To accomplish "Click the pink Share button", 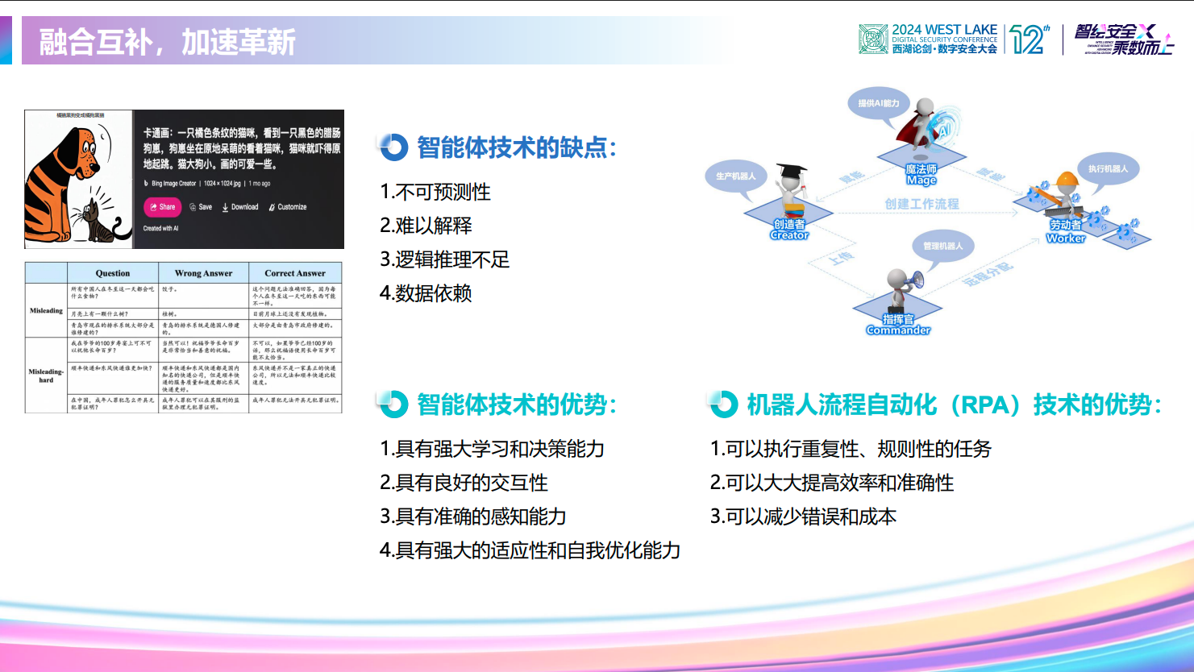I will pos(162,207).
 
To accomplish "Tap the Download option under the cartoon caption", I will pos(240,207).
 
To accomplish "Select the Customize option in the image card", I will pos(288,207).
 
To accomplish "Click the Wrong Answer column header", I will pos(203,273).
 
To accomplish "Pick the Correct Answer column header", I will pos(295,273).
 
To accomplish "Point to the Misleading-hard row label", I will pos(46,375).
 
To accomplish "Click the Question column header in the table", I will pos(113,273).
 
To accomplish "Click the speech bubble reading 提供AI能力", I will pos(878,104).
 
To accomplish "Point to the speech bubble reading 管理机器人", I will pos(942,246).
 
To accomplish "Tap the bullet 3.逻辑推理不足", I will pos(444,259).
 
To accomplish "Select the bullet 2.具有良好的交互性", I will pos(464,483).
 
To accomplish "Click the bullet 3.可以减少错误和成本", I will pos(803,516).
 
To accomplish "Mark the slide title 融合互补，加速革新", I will pos(168,42).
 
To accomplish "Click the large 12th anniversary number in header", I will pos(1029,39).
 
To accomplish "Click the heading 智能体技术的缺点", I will pos(516,147).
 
